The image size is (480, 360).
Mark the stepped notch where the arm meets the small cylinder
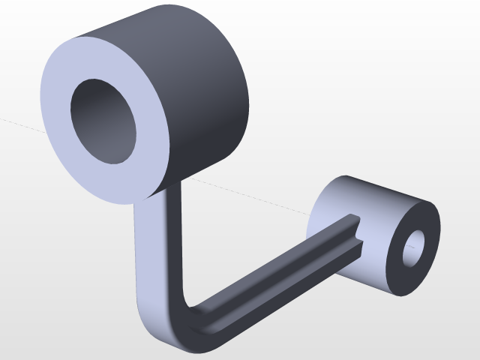point(358,232)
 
